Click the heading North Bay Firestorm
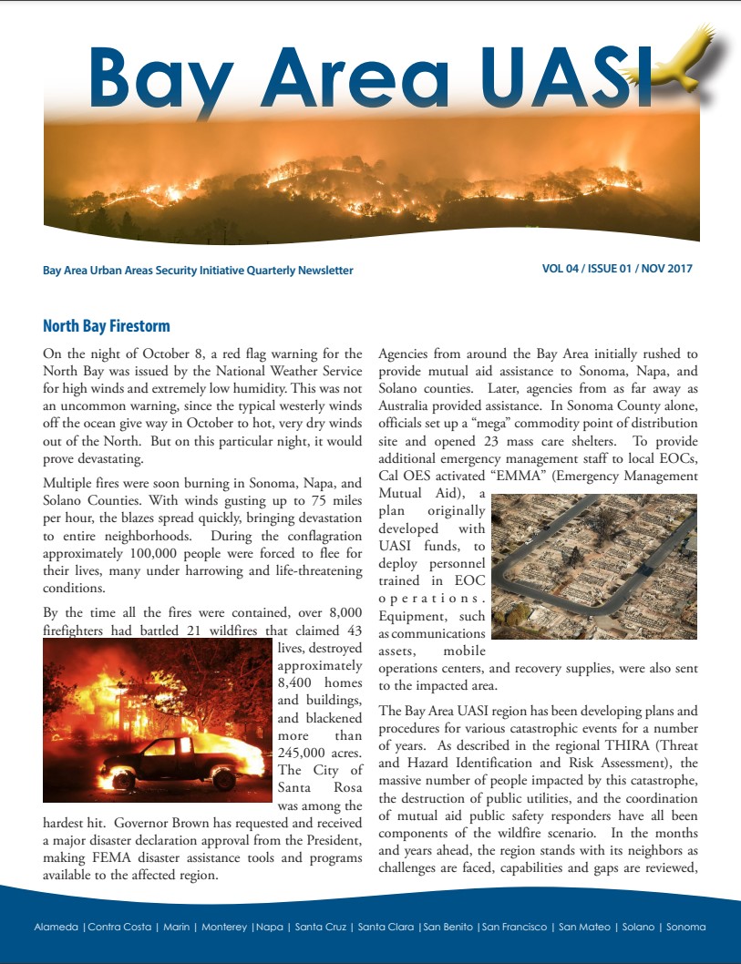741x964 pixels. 106,326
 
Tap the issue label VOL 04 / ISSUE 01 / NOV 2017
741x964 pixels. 616,269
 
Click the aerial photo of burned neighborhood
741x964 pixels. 593,566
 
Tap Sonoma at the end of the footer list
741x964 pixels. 685,928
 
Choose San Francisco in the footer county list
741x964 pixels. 515,928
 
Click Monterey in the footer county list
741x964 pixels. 223,928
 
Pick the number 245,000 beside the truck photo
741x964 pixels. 302,752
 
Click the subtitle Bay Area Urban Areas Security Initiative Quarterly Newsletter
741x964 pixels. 198,271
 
